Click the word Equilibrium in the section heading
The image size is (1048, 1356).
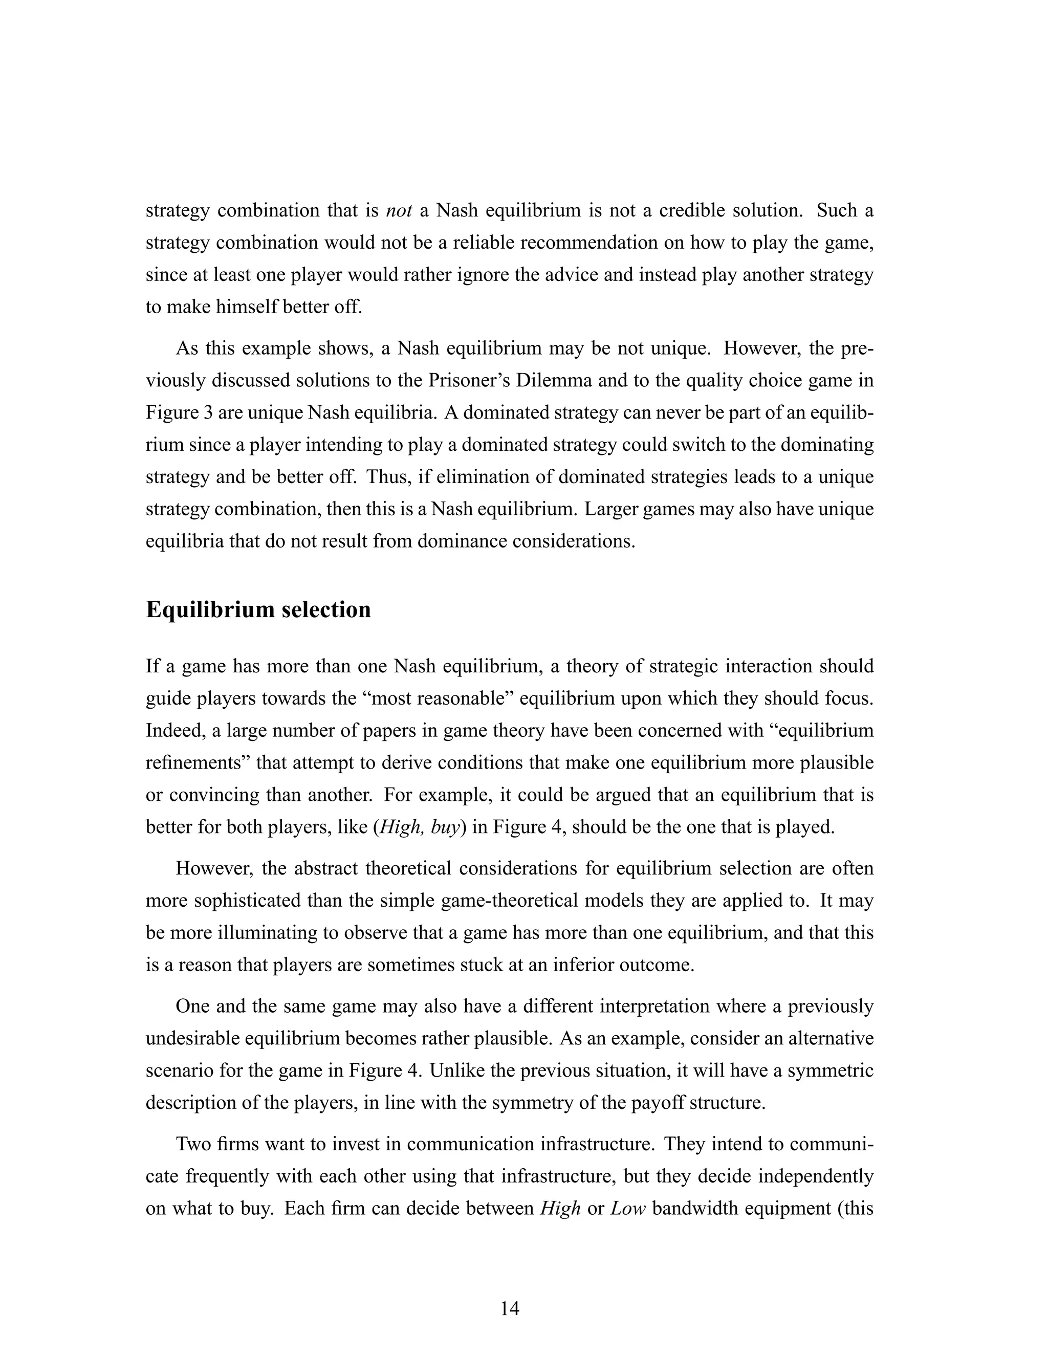point(209,610)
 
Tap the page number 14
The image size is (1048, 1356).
point(510,1308)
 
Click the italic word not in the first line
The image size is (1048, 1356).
point(399,210)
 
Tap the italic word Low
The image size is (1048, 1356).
point(628,1208)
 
